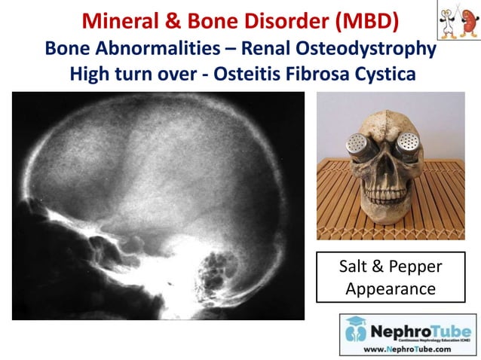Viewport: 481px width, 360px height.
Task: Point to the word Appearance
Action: tap(391, 289)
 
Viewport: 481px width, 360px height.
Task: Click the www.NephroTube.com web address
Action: tap(409, 349)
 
